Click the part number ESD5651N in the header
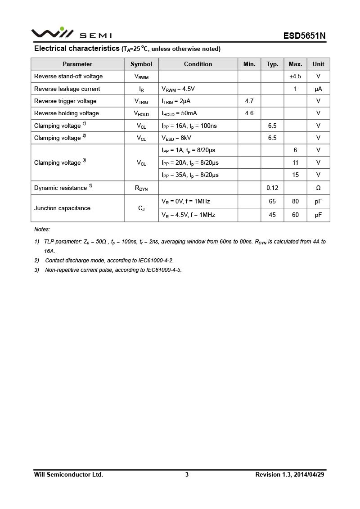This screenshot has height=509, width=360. click(304, 36)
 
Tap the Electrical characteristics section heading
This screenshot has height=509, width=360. click(77, 49)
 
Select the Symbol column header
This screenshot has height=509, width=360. click(141, 64)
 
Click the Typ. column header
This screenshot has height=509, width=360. click(272, 64)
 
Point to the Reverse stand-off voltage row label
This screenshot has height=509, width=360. click(68, 77)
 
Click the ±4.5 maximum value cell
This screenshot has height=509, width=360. click(295, 77)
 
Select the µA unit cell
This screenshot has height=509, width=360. click(318, 89)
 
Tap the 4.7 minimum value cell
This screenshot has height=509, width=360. click(249, 101)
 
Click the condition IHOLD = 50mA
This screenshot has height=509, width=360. click(179, 113)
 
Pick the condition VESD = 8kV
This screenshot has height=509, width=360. click(176, 138)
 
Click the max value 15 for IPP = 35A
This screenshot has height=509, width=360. click(295, 175)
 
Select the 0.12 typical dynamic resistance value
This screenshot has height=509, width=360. click(272, 188)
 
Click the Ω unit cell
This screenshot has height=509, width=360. click(318, 188)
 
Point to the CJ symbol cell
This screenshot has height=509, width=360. click(141, 208)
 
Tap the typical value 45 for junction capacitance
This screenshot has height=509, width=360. click(272, 215)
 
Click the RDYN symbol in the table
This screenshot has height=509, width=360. click(141, 188)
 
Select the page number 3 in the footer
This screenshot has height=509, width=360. click(187, 474)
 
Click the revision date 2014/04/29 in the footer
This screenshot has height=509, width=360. click(309, 474)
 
